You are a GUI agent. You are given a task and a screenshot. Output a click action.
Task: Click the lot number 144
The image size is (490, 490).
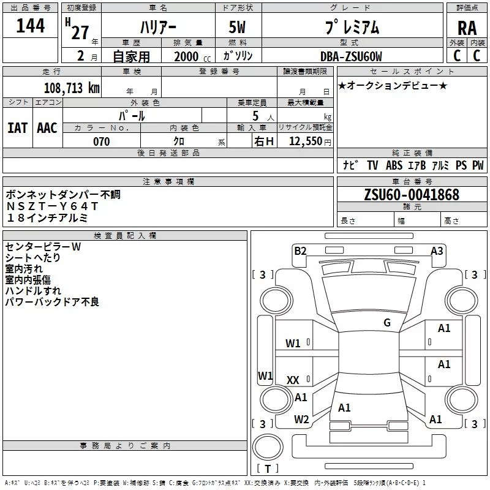click(x=30, y=26)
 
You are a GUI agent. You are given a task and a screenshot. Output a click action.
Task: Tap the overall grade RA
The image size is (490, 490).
click(x=467, y=28)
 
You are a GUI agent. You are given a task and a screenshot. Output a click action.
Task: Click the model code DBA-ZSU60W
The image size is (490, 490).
click(x=351, y=56)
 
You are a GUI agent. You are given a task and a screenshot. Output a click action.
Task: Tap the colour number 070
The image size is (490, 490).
click(x=101, y=141)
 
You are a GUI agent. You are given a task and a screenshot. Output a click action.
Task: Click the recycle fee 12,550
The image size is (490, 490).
click(x=306, y=141)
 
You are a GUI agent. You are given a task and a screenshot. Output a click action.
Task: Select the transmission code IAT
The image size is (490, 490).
click(x=17, y=127)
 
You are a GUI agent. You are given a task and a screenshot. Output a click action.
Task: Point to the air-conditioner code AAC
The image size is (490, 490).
click(x=47, y=127)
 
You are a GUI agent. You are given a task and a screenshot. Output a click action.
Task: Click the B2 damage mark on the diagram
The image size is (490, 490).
click(x=300, y=251)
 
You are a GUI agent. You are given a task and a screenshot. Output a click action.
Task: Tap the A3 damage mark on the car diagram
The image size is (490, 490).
click(x=437, y=251)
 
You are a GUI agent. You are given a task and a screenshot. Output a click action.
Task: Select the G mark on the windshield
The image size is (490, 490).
click(x=386, y=323)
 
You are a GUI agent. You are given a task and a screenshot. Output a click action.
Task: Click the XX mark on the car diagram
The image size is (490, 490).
click(x=293, y=380)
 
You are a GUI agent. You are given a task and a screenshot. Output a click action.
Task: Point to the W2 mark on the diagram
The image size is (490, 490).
click(x=301, y=420)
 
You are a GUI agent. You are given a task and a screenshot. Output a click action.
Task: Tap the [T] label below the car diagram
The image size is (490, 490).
click(x=267, y=469)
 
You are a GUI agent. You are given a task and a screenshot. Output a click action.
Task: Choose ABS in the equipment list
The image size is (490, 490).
click(x=394, y=165)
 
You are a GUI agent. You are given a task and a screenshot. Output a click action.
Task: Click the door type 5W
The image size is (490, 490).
click(x=239, y=28)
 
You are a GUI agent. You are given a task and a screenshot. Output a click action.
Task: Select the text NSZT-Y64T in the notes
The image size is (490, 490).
click(x=52, y=206)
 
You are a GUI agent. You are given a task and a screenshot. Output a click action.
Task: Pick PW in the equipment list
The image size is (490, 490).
click(x=478, y=165)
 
